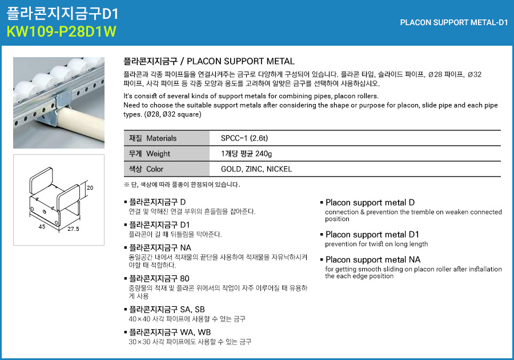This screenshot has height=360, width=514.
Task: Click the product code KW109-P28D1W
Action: [61, 31]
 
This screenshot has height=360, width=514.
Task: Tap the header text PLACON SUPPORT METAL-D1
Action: [454, 23]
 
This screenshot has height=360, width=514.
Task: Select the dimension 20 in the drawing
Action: [90, 188]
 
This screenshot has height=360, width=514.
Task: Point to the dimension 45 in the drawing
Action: [42, 227]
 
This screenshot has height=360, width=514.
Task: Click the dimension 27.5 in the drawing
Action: [73, 229]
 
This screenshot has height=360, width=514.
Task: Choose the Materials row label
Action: [153, 138]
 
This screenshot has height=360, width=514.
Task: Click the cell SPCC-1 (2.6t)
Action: [244, 138]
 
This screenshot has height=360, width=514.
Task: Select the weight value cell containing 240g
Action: [246, 154]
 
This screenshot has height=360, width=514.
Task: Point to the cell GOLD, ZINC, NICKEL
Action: [256, 169]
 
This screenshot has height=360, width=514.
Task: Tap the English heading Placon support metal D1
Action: [372, 235]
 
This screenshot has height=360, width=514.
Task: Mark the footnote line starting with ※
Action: [182, 185]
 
